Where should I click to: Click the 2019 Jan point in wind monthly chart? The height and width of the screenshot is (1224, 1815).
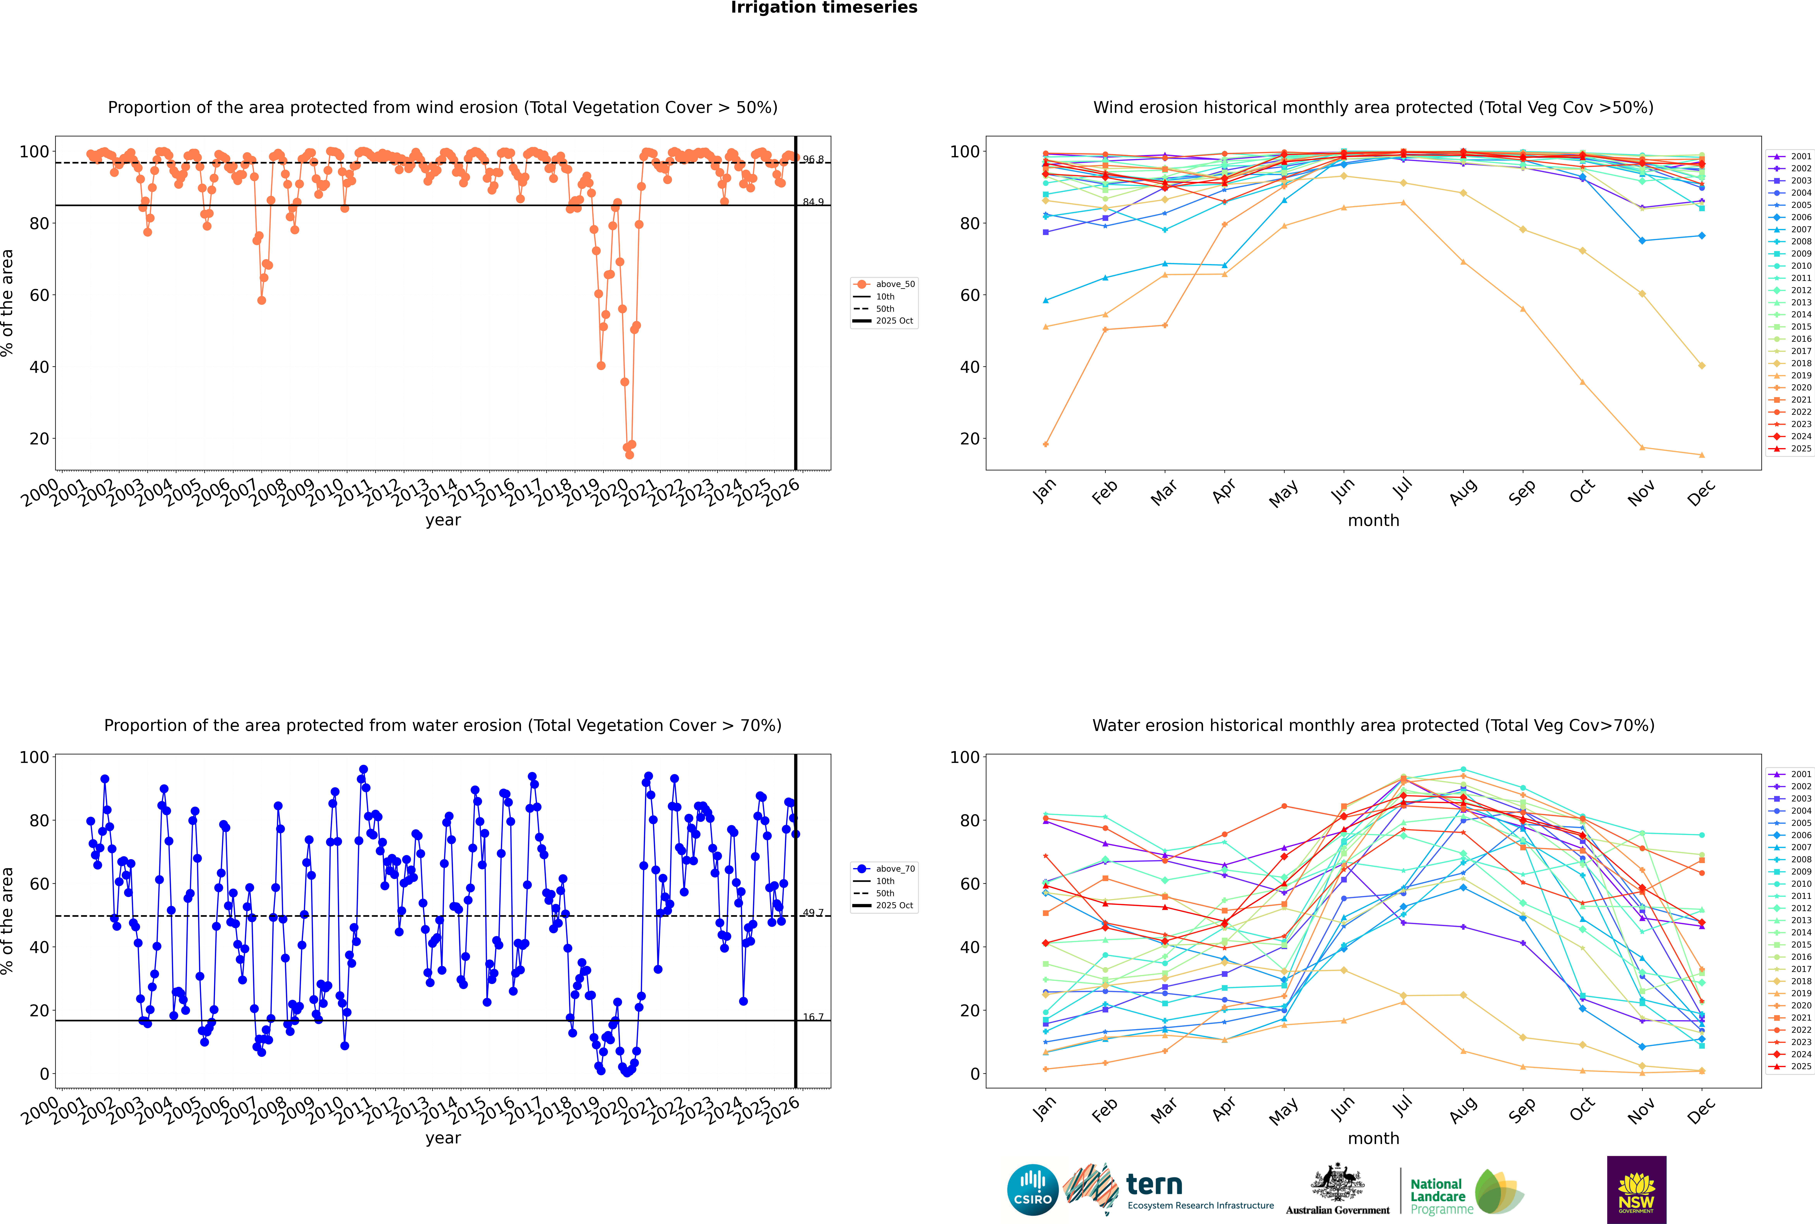pos(1046,444)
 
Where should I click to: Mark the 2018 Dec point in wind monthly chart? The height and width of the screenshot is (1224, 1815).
pos(1702,365)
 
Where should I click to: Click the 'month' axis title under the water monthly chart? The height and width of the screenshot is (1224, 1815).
pos(1373,1138)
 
